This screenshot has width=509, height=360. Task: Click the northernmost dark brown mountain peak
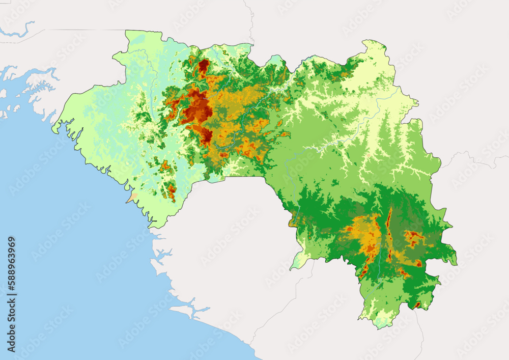pyautogui.click(x=204, y=67)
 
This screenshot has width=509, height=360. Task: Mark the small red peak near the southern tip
pyautogui.click(x=417, y=305)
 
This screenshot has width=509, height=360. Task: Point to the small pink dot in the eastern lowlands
pyautogui.click(x=368, y=155)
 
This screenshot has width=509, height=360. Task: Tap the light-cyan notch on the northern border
pyautogui.click(x=275, y=61)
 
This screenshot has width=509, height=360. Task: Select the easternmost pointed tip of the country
pyautogui.click(x=456, y=263)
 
